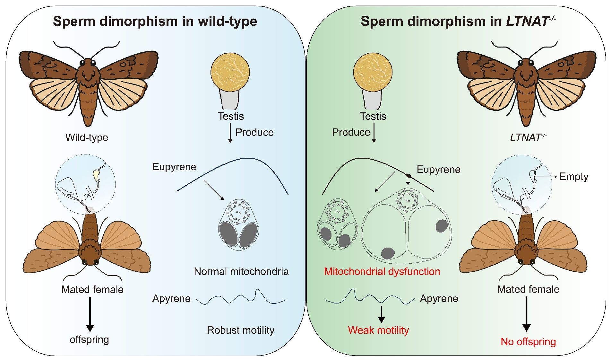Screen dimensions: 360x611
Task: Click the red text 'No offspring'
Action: [528, 342]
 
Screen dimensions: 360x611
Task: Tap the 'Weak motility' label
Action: [378, 330]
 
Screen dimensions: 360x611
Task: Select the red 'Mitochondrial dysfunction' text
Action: [382, 271]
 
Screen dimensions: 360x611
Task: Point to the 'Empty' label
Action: [573, 177]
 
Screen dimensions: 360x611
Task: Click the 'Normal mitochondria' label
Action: [241, 271]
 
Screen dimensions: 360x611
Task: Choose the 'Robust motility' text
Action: [241, 330]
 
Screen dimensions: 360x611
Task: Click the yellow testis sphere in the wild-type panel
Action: [230, 72]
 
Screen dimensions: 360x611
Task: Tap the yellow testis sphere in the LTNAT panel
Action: [373, 72]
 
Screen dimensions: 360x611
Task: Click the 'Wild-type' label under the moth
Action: [87, 137]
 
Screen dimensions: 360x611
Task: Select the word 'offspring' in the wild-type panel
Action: [89, 339]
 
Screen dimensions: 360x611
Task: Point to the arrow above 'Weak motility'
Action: [381, 314]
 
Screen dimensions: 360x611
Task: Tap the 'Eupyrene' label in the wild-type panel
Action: [174, 167]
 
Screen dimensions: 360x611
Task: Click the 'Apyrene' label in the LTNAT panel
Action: [439, 298]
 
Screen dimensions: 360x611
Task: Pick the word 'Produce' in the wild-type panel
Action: [254, 132]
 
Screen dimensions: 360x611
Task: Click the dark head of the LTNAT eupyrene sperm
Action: [409, 176]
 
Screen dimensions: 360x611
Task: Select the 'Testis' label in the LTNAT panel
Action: [373, 116]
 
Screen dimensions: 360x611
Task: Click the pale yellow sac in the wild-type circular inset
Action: [96, 175]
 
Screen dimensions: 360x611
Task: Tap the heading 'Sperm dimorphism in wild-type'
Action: [155, 21]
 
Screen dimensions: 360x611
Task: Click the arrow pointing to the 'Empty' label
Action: [546, 177]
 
